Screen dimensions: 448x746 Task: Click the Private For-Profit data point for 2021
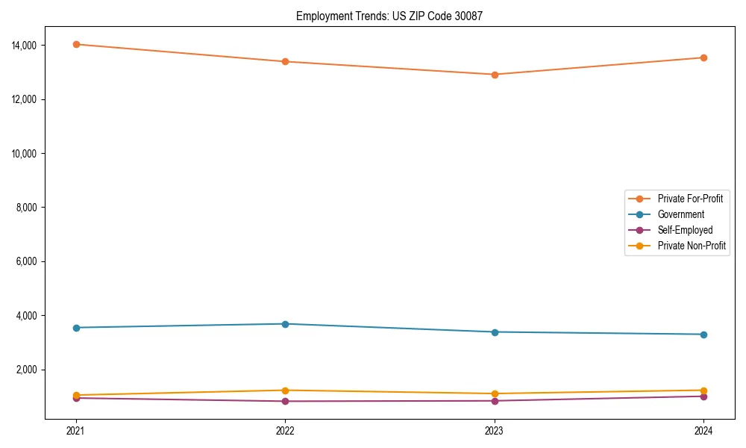click(x=76, y=44)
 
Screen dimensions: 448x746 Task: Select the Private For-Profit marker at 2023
click(x=495, y=75)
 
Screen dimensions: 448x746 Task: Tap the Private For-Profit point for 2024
click(x=703, y=57)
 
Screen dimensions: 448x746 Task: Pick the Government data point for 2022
click(x=285, y=324)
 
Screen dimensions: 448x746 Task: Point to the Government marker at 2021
click(x=76, y=328)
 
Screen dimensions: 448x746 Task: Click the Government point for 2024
click(x=703, y=335)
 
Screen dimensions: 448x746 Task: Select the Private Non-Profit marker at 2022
click(x=285, y=391)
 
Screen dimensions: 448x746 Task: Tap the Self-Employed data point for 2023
click(x=495, y=401)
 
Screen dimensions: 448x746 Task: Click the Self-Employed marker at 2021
click(x=76, y=398)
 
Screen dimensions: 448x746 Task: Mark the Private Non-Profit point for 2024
click(x=703, y=391)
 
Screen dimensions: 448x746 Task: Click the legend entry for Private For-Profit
click(x=689, y=199)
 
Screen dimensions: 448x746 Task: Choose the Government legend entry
click(x=680, y=214)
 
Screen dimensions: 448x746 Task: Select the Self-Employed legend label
click(x=685, y=230)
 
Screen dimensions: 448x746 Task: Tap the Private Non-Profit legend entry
click(x=692, y=246)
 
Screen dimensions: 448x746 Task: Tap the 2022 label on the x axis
click(x=285, y=430)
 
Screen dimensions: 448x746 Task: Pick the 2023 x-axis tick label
click(x=495, y=430)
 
